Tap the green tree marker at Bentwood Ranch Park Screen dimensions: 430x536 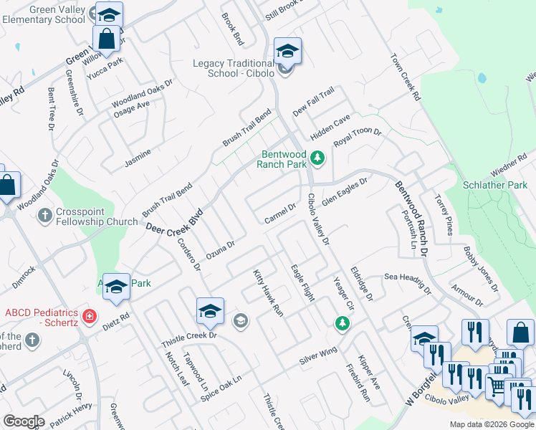318,158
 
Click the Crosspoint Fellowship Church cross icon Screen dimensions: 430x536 44,214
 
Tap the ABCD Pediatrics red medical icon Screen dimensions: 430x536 90,315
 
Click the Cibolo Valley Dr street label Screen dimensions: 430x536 317,219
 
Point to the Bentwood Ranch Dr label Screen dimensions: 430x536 411,219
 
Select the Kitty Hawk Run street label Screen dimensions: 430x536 268,292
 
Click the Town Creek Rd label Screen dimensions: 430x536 405,77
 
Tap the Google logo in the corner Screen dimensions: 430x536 23,421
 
